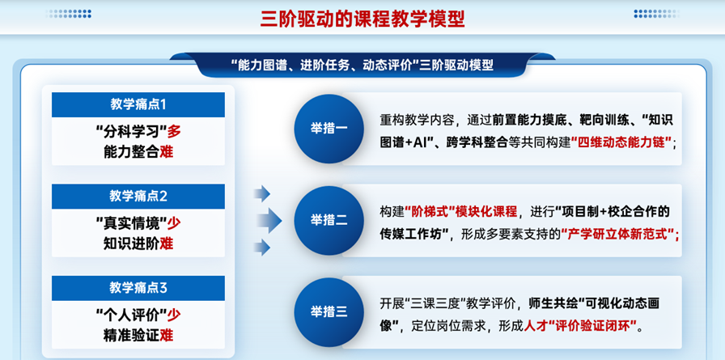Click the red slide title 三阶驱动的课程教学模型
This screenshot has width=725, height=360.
pos(362,19)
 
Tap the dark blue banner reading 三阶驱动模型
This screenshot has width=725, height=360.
pos(362,66)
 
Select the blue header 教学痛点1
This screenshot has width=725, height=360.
pos(138,104)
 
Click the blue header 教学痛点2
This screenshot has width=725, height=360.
pos(138,197)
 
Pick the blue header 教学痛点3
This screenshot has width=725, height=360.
pos(138,288)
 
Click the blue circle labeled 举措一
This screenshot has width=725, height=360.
pos(329,129)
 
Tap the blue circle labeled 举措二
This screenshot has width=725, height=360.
pos(329,220)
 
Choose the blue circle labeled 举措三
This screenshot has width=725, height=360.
pos(329,312)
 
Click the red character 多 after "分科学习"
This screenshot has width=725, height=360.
pos(174,132)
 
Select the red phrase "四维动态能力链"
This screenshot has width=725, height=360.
pos(622,142)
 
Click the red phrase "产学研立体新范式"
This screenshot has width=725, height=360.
pos(618,235)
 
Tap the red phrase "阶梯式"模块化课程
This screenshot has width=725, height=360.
pos(461,212)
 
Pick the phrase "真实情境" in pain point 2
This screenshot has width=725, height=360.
pos(131,224)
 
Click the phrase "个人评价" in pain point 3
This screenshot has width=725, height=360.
pos(131,316)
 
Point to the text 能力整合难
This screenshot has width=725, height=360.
pos(138,151)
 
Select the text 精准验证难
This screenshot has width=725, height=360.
pos(138,335)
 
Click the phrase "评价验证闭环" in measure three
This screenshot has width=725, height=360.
pos(591,326)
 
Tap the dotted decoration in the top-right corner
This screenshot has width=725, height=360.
pos(656,15)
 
